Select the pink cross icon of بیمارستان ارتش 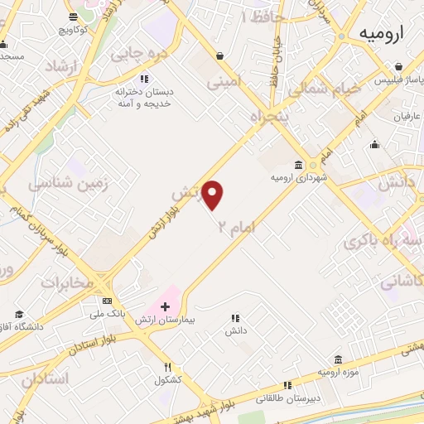click(x=166, y=306)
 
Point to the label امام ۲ click(x=235, y=225)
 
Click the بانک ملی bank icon click(x=107, y=301)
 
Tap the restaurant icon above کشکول click(x=168, y=367)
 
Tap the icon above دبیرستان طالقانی click(x=287, y=385)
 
